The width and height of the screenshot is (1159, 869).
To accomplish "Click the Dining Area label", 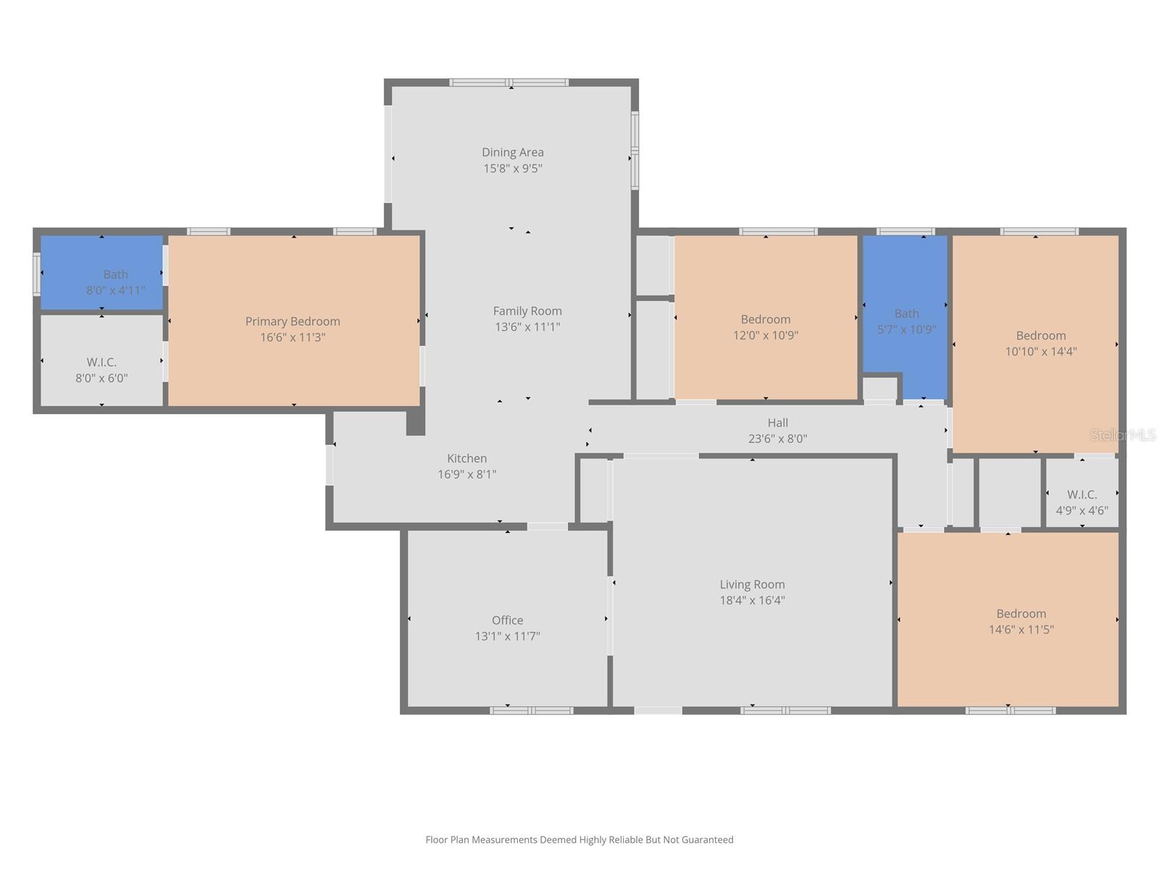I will coord(512,152).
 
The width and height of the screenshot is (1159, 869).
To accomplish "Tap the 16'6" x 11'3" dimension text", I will coord(293,337).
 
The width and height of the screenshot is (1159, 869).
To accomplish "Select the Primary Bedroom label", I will coord(293,322).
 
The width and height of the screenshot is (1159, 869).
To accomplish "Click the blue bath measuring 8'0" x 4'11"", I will coord(101,273).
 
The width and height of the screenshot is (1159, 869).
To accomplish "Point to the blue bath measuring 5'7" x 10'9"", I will coord(905,319).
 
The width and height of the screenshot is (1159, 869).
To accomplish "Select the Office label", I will coord(507,621).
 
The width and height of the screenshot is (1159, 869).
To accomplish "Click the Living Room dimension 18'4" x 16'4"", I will coord(752,600).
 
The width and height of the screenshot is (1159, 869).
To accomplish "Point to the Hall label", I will coord(777,423).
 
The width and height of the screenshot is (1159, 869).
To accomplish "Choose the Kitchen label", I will coord(466,458).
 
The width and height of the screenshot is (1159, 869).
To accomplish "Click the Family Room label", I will coord(527,311).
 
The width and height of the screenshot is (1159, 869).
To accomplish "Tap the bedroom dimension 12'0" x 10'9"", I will coord(766,335).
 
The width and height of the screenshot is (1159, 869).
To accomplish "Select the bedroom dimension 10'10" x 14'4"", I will coord(1041,352).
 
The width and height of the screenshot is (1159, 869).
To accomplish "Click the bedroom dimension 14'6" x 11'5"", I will coord(1021,630).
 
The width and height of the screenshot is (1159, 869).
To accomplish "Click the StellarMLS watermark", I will coord(1122,435).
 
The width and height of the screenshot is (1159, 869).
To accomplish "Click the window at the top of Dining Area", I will coord(509,83).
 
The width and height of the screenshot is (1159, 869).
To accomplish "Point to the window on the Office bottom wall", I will coord(531,710).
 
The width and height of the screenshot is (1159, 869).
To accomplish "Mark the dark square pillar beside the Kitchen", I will coord(415,423).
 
